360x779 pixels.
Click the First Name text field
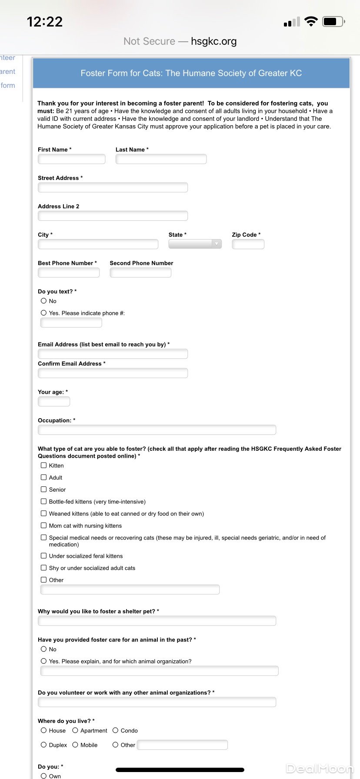point(72,159)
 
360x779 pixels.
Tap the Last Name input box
point(161,159)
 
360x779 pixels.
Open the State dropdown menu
point(195,244)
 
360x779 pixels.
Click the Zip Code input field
point(248,244)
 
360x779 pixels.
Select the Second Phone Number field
point(140,273)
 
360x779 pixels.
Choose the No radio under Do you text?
point(43,301)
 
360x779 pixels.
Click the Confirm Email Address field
point(113,373)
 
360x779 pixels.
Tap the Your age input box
point(54,401)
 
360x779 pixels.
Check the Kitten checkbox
point(43,465)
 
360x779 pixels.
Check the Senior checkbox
point(43,489)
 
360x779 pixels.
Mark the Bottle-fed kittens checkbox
point(43,501)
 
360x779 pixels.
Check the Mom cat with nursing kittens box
point(43,526)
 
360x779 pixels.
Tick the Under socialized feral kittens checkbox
point(43,556)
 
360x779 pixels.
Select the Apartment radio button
point(75,730)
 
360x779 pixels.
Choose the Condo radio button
point(116,730)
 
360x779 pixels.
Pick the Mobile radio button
point(75,745)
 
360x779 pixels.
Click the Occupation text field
point(157,430)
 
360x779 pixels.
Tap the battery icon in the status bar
point(333,21)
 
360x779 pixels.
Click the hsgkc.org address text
point(213,41)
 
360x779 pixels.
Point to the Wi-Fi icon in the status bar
point(311,21)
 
